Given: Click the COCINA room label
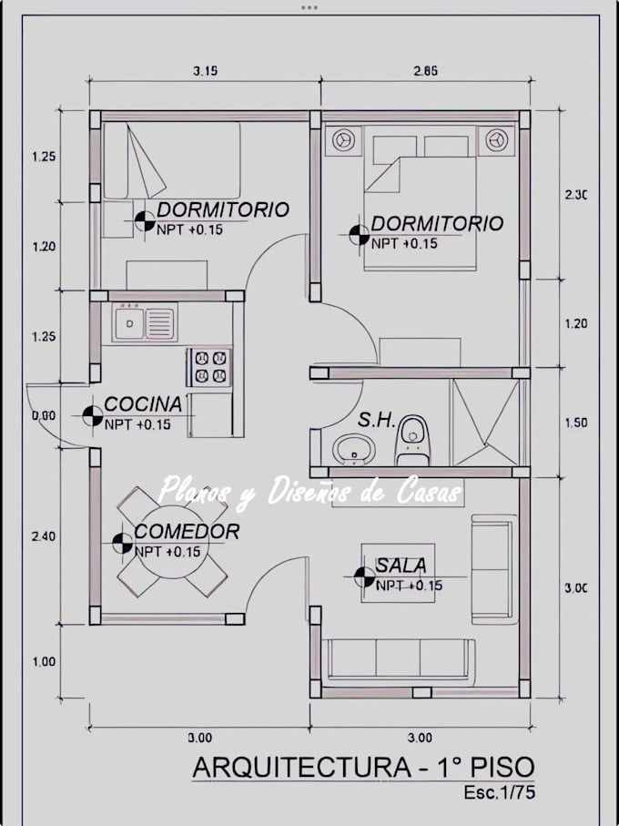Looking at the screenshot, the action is click(143, 404).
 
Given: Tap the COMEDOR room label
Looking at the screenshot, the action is click(187, 532).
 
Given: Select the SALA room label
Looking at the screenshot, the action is click(401, 566).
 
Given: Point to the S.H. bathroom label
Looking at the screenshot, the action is click(376, 420).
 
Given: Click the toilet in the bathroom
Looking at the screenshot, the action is click(412, 441).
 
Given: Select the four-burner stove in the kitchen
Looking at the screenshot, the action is click(209, 368).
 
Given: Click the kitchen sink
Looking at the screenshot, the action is click(144, 322).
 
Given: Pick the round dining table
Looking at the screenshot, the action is click(172, 543).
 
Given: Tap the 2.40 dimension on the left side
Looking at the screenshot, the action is click(44, 536).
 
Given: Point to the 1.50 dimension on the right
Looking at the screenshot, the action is click(576, 423).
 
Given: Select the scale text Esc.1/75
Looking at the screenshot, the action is click(499, 792).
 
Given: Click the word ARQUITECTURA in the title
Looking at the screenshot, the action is click(302, 767).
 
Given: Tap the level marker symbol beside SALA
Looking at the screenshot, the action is click(364, 576).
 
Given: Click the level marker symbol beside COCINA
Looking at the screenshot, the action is click(93, 415).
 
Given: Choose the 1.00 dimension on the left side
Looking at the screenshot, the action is click(44, 662).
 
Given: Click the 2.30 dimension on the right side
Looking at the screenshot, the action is click(576, 194).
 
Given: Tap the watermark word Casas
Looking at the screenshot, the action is click(429, 492).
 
